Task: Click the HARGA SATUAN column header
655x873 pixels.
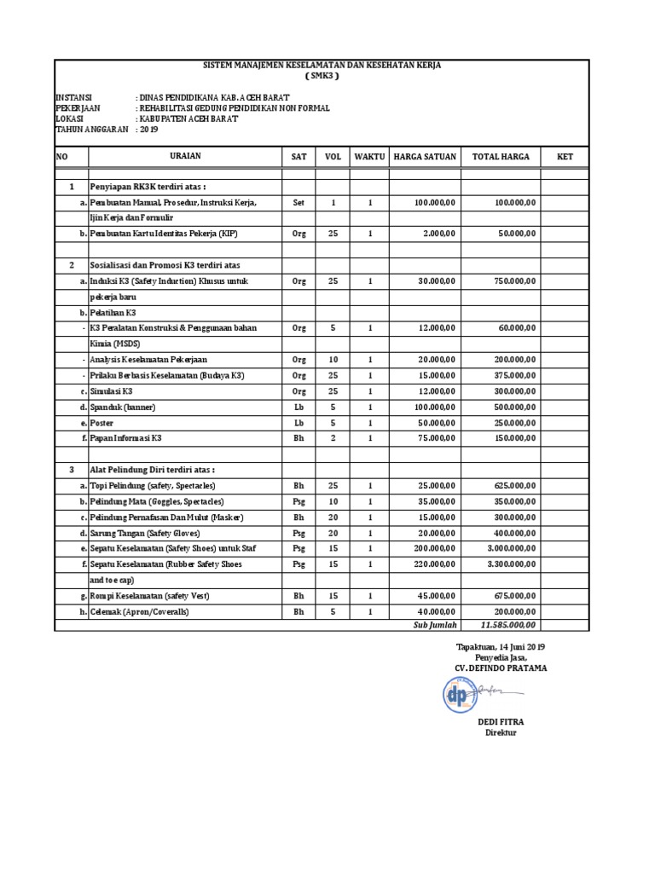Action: (425, 157)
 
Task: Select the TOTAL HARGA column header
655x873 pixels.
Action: (501, 157)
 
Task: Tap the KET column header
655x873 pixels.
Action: (565, 157)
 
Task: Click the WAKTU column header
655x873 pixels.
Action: (370, 157)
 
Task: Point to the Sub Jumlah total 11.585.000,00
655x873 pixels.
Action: (508, 625)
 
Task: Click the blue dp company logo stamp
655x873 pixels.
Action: (457, 694)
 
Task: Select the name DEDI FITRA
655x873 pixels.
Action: (501, 721)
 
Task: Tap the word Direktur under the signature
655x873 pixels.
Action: (501, 732)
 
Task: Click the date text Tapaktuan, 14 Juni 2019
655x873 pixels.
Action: (501, 647)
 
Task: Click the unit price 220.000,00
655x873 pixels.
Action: (435, 564)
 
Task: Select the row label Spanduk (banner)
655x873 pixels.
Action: (123, 407)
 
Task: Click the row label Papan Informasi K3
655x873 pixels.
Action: (125, 437)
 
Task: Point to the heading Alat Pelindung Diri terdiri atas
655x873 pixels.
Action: (153, 469)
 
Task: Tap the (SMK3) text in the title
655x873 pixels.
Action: (322, 76)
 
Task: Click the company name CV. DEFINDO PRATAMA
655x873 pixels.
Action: (501, 668)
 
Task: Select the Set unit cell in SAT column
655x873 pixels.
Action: (299, 203)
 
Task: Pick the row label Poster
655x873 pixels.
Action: (101, 422)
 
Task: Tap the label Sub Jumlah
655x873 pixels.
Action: (435, 625)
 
